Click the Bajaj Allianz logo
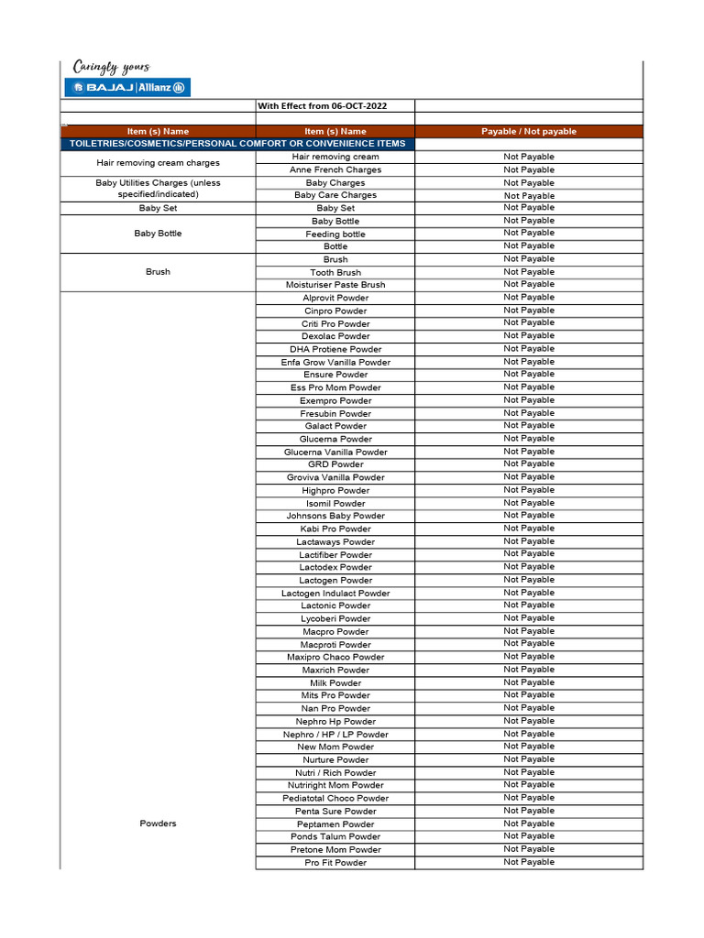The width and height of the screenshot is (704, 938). (x=127, y=87)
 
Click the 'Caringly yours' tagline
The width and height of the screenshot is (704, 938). (x=111, y=67)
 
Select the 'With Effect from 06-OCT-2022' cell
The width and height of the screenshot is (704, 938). (x=322, y=106)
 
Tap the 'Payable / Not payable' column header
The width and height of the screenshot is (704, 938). (x=529, y=132)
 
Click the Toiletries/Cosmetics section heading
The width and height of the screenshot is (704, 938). (x=237, y=144)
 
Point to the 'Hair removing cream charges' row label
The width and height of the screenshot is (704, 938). (x=158, y=163)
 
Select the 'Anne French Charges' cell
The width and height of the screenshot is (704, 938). (x=335, y=169)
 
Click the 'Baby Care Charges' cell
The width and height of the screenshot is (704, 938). (x=335, y=195)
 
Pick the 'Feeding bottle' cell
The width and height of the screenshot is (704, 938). (x=335, y=234)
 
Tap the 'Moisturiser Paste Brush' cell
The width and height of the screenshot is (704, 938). (x=335, y=285)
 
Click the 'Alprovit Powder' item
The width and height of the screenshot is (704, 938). (x=335, y=298)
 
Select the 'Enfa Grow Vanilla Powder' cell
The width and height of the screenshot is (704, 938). (x=335, y=362)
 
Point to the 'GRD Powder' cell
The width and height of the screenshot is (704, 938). (x=335, y=464)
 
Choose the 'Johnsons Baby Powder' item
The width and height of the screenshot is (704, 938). (x=335, y=516)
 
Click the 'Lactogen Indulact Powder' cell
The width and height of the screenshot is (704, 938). (x=335, y=593)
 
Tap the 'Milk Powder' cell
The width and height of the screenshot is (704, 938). (x=335, y=682)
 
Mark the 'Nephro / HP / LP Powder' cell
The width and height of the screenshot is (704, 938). (x=335, y=734)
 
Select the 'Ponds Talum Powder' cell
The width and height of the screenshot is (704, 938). (x=335, y=836)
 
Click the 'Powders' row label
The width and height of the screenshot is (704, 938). (x=158, y=823)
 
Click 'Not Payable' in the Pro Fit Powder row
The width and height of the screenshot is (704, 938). (x=529, y=862)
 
